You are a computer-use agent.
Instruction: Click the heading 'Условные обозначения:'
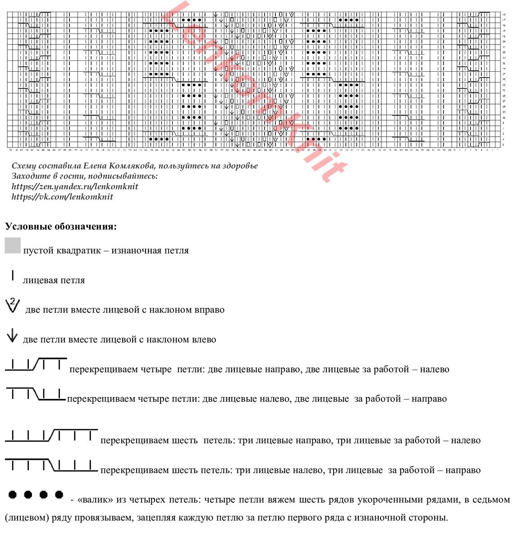point(61,226)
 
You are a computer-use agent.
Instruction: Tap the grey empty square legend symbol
point(13,246)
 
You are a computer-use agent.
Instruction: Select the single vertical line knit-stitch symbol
point(13,275)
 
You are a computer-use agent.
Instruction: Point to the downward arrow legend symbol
point(12,336)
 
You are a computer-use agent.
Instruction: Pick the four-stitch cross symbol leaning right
point(36,364)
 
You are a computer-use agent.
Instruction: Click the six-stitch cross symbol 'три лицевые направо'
point(51,436)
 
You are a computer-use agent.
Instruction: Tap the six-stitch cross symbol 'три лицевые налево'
point(51,465)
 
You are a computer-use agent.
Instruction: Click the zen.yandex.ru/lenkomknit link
point(75,187)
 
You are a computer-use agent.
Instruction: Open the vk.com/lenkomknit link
point(62,197)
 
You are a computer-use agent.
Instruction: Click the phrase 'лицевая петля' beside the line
point(54,280)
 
